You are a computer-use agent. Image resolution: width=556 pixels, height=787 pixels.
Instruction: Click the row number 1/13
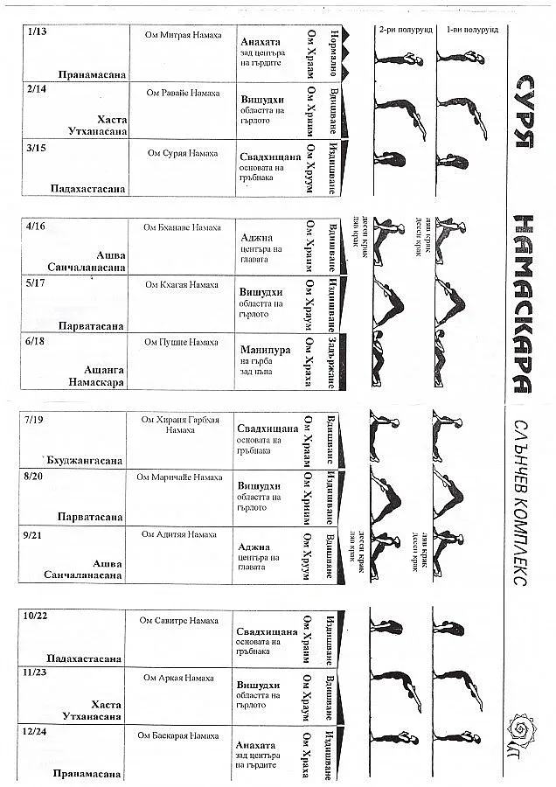(38, 32)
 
